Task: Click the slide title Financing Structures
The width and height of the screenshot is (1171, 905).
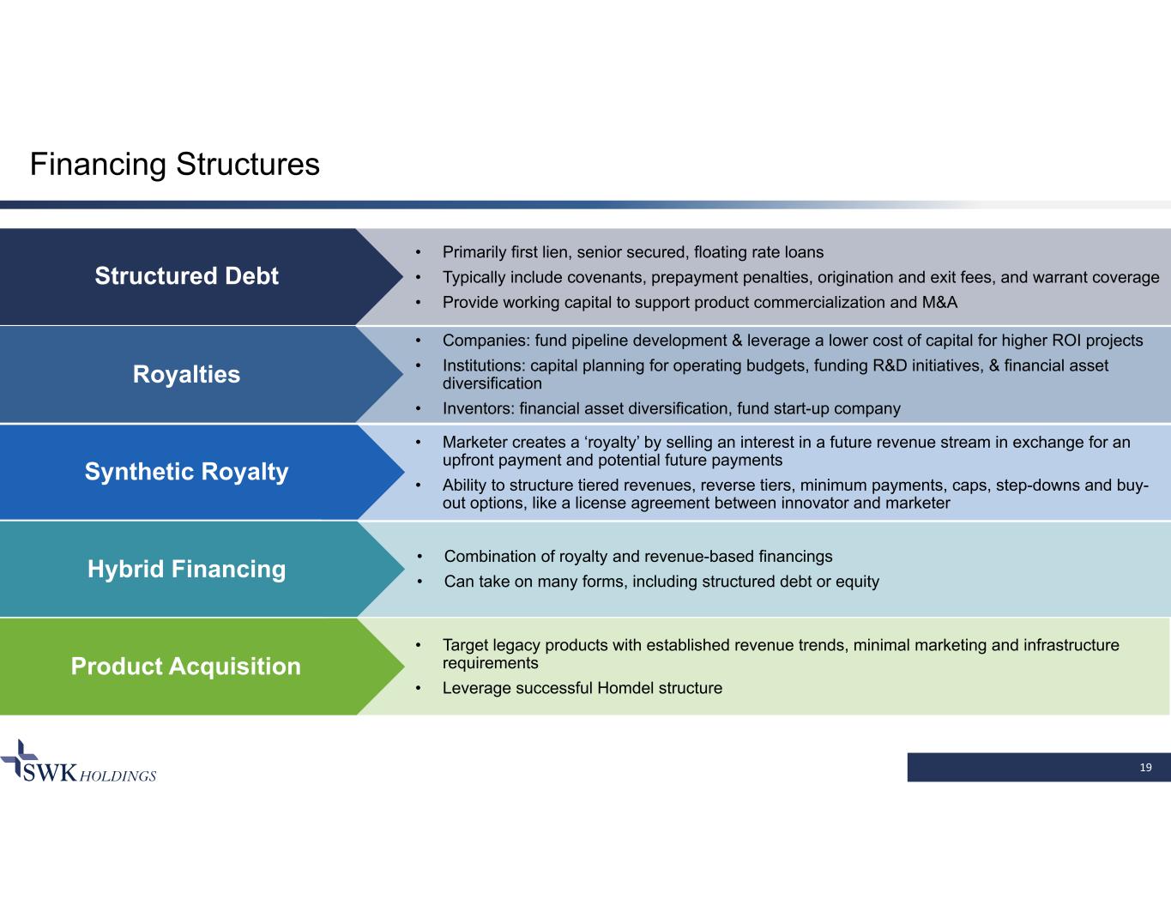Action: [x=174, y=164]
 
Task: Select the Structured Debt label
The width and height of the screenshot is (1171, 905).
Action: [x=186, y=275]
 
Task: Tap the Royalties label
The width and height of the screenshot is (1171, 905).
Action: [x=186, y=374]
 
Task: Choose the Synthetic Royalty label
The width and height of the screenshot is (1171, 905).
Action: [x=186, y=471]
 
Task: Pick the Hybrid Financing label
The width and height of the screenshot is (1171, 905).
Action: [x=186, y=569]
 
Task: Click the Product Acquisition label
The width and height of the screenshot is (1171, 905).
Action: [x=186, y=667]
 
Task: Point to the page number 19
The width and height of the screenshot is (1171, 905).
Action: [x=1145, y=767]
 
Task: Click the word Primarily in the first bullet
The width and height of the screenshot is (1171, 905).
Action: [x=475, y=252]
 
